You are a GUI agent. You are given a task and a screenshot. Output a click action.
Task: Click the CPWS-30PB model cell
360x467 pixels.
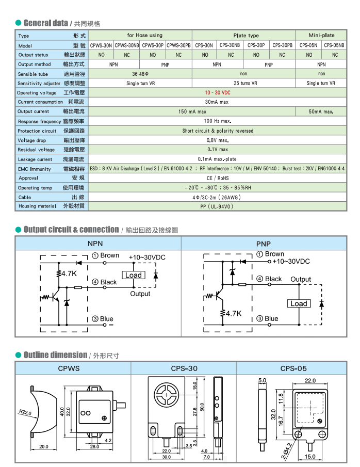pyautogui.click(x=178, y=45)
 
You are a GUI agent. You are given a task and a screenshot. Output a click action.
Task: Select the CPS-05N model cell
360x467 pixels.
pyautogui.click(x=308, y=45)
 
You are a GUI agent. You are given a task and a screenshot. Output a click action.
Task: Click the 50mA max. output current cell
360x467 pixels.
pyautogui.click(x=321, y=111)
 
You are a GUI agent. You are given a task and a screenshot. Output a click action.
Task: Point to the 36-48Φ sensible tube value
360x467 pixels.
pyautogui.click(x=140, y=74)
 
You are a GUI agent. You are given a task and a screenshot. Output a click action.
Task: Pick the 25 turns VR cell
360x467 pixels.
pyautogui.click(x=242, y=83)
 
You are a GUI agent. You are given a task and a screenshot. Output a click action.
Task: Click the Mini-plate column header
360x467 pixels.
pyautogui.click(x=321, y=36)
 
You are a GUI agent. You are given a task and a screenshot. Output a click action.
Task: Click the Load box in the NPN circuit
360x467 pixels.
pyautogui.click(x=133, y=275)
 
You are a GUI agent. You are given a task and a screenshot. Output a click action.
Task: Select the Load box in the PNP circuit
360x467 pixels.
pyautogui.click(x=299, y=303)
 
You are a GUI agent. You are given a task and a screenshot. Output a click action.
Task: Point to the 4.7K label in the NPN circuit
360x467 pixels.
pyautogui.click(x=69, y=273)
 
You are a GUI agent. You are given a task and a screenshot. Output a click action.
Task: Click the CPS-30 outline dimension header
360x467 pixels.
pyautogui.click(x=184, y=368)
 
